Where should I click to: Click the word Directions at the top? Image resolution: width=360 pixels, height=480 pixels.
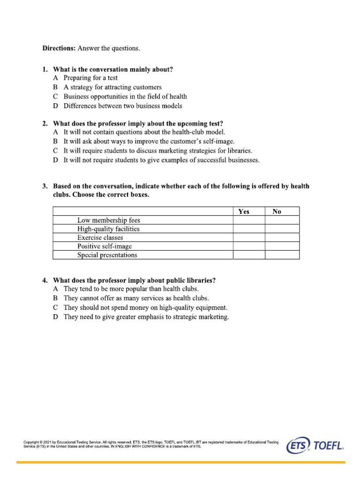59,48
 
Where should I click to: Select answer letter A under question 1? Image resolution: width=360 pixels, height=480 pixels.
56,78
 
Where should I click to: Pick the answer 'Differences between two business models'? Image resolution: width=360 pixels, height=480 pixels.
123,106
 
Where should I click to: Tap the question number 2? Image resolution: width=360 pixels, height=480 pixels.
45,124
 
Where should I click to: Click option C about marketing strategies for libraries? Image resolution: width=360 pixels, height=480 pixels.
157,151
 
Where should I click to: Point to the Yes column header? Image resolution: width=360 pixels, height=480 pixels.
244,211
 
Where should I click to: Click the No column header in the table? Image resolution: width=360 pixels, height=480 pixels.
277,211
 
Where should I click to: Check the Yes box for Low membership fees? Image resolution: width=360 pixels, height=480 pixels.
249,220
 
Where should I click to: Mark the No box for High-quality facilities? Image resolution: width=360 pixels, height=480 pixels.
282,229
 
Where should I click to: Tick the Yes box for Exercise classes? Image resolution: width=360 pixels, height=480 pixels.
249,238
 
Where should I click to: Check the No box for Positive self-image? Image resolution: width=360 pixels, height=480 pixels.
282,246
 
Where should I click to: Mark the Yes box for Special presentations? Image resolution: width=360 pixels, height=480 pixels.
249,255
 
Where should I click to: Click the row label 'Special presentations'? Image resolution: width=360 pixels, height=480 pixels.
107,255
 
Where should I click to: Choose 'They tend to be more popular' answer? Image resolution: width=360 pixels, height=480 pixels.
131,289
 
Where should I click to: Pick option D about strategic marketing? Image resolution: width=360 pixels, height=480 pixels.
146,317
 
